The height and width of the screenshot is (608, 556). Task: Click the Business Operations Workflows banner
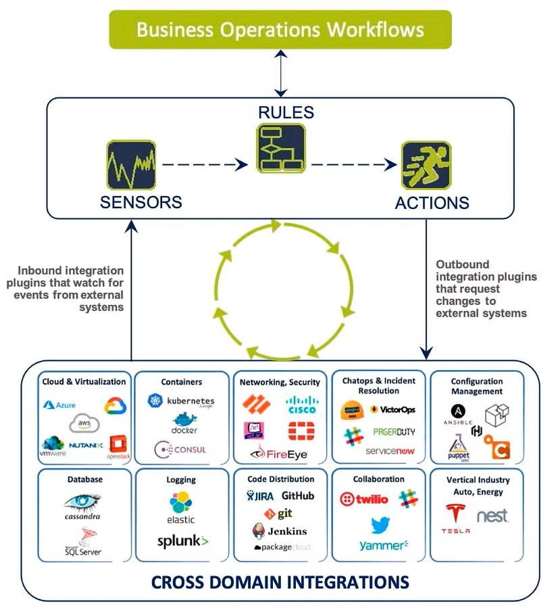(x=280, y=30)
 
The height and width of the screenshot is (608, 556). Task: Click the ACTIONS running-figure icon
(x=426, y=165)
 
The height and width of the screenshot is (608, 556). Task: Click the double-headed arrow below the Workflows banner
(x=280, y=73)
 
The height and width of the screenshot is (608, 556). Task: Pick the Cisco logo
(x=301, y=405)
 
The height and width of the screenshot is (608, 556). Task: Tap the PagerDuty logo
(x=394, y=431)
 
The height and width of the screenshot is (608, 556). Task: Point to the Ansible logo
(x=459, y=415)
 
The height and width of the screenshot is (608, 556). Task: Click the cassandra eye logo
(x=83, y=505)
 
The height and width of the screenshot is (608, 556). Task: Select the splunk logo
(x=182, y=541)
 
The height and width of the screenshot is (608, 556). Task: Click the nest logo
(x=492, y=517)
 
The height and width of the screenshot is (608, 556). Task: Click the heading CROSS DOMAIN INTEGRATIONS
(x=280, y=582)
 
